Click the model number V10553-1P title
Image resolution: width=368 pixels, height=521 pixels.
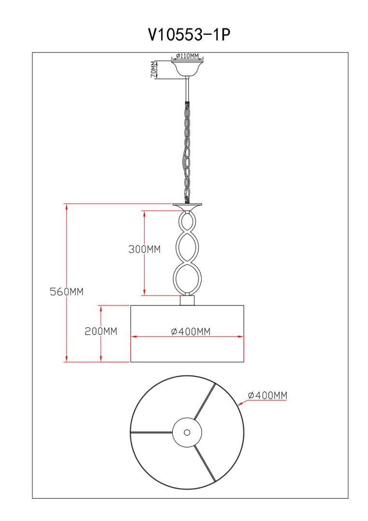[189, 34]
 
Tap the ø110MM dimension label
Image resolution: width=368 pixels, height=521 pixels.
[187, 55]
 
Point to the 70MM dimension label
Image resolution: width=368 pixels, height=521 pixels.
[153, 69]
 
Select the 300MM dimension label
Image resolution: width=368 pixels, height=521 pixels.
[145, 249]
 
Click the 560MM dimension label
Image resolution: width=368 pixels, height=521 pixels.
[67, 291]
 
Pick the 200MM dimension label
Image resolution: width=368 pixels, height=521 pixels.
[101, 331]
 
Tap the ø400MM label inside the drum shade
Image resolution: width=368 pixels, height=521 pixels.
[191, 331]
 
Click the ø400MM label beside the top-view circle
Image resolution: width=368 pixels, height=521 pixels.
[267, 395]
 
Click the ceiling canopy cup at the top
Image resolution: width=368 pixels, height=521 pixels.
[187, 68]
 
